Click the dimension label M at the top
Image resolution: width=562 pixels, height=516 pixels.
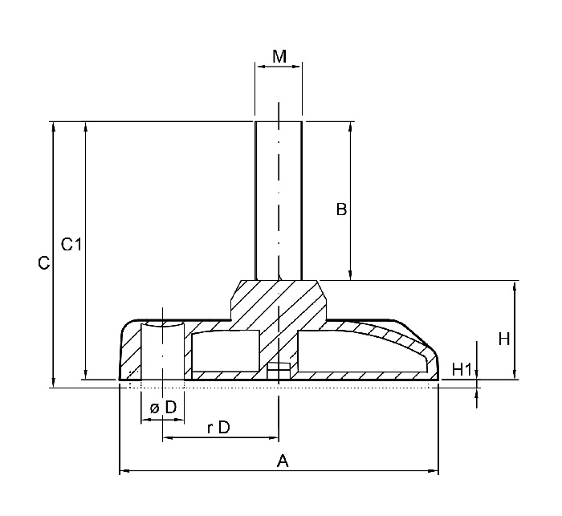279,56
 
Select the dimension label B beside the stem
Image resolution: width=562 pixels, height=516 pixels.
341,210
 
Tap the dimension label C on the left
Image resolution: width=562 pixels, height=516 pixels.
45,263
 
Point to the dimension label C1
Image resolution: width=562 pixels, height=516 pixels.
71,244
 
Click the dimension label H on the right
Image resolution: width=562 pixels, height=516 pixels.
503,339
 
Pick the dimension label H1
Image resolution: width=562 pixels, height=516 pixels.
461,369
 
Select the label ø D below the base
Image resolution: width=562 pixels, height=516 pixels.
163,408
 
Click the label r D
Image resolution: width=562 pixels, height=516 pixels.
218,428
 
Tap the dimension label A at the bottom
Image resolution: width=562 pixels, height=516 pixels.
282,461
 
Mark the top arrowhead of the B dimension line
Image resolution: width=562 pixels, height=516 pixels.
350,126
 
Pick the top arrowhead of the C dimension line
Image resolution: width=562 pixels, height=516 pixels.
53,126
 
